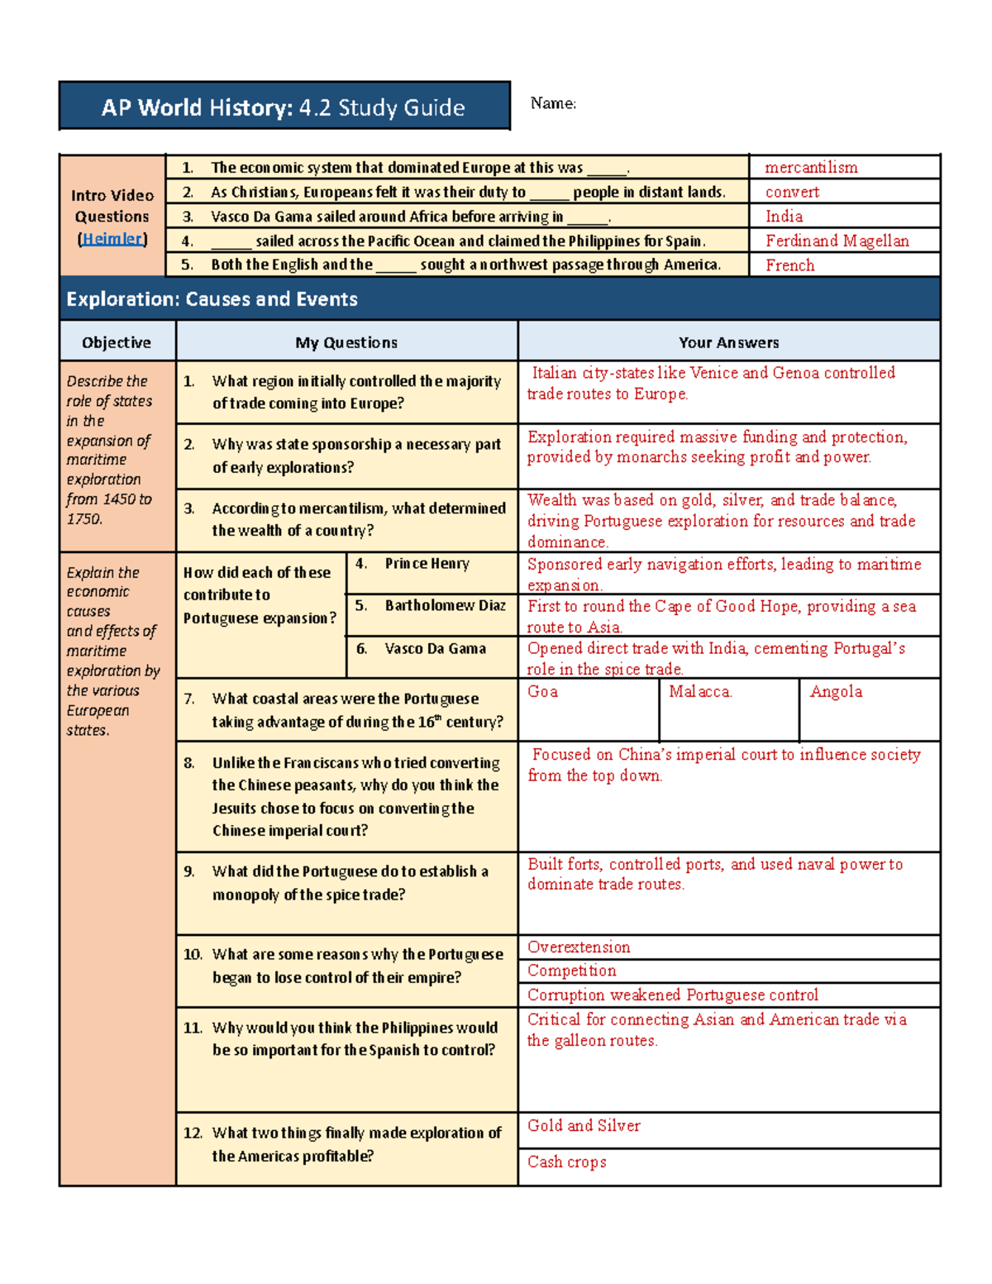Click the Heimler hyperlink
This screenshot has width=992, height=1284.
point(112,239)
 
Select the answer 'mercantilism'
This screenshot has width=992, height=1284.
point(811,168)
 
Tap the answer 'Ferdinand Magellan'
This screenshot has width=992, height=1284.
point(837,241)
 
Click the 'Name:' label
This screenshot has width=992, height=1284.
point(553,103)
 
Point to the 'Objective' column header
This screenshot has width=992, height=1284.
point(117,342)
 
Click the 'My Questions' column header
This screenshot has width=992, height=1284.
point(346,342)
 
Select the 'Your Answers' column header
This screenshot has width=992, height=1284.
point(728,342)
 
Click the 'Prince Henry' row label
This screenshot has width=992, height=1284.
point(427,564)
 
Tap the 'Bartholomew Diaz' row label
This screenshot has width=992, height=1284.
point(445,605)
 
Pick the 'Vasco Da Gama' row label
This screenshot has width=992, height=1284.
point(435,648)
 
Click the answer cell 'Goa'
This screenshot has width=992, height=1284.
point(543,692)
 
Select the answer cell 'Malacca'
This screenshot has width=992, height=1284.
point(700,692)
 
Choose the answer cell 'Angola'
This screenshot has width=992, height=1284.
point(836,692)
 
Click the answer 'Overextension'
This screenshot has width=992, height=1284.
point(579,947)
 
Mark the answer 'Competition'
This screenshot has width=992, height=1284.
point(572,971)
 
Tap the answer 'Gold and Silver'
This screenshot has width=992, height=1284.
point(584,1126)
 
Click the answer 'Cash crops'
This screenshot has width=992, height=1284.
point(567,1162)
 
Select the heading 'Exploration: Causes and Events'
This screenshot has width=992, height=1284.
point(212,299)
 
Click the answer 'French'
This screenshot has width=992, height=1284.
point(789,265)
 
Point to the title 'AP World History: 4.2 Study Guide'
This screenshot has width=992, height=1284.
point(284,107)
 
